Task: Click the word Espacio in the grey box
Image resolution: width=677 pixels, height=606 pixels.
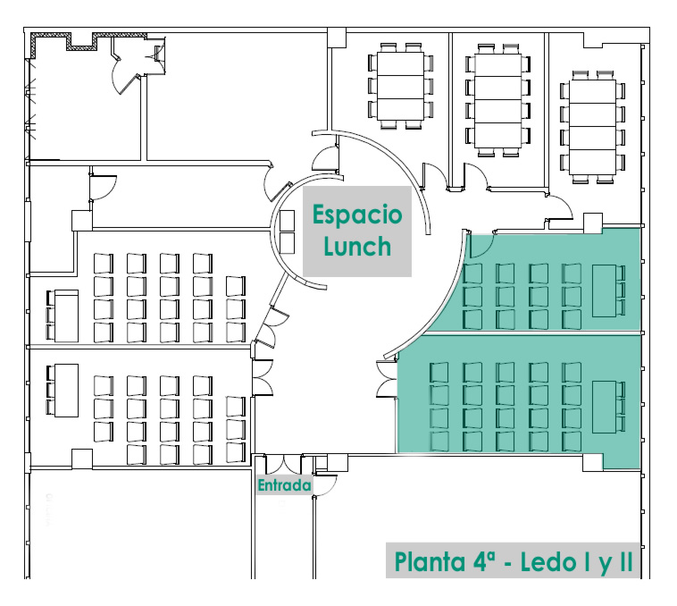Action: pyautogui.click(x=356, y=215)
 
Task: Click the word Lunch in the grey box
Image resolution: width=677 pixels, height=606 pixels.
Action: pyautogui.click(x=357, y=246)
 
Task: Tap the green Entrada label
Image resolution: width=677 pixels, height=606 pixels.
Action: pyautogui.click(x=284, y=486)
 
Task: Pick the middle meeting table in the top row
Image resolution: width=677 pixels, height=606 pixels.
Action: pyautogui.click(x=498, y=97)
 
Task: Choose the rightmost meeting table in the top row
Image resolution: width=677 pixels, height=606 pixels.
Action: pyautogui.click(x=589, y=125)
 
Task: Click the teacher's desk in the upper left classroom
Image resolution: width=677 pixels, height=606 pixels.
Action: pyautogui.click(x=65, y=314)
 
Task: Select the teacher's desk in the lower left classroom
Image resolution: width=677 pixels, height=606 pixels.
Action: pyautogui.click(x=65, y=390)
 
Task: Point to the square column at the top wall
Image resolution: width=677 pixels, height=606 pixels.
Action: pyautogui.click(x=336, y=37)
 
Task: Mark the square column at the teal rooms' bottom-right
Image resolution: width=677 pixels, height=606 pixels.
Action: pyautogui.click(x=592, y=462)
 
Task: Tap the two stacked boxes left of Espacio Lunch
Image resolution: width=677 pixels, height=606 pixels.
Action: pyautogui.click(x=287, y=231)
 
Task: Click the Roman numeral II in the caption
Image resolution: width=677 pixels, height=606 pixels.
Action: pyautogui.click(x=620, y=562)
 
